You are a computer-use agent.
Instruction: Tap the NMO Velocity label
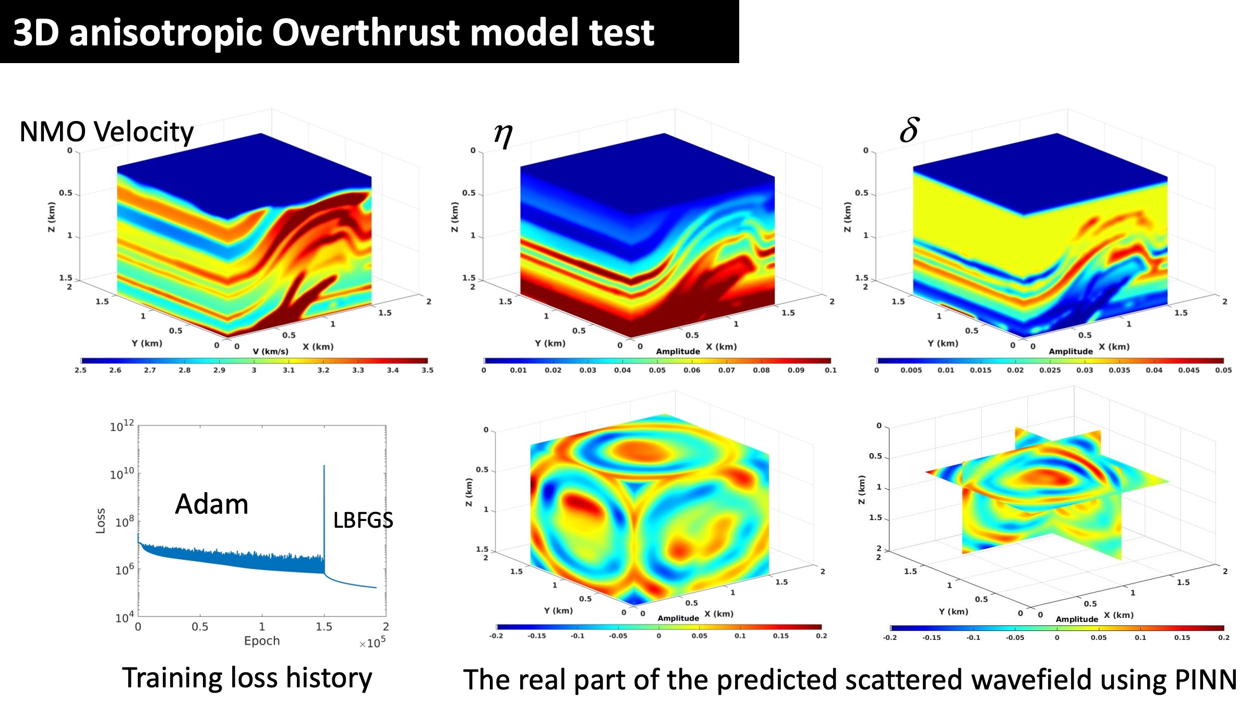[106, 131]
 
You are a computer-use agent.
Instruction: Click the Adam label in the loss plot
[211, 504]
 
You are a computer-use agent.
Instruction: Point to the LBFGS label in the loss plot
[363, 520]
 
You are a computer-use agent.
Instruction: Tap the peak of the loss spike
[324, 466]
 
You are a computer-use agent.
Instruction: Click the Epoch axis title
[262, 641]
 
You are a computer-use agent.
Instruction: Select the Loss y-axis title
[101, 520]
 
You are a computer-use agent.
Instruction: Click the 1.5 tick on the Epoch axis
[323, 626]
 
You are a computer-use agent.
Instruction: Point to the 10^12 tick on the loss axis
[122, 427]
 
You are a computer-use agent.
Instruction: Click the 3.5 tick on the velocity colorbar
[427, 370]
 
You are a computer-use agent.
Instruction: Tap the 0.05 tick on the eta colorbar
[657, 370]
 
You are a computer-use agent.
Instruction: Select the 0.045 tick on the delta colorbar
[1188, 370]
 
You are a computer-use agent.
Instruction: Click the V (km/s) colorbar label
[270, 351]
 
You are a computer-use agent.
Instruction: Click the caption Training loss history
[247, 678]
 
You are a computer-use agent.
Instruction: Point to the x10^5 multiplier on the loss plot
[372, 643]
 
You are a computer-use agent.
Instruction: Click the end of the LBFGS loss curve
[376, 588]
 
